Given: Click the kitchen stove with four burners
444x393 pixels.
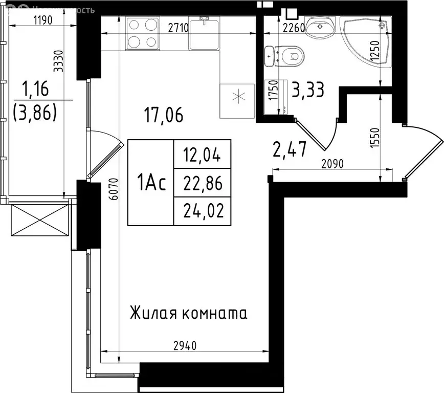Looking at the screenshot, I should click(142, 33).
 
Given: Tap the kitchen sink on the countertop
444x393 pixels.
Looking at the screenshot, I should click(205, 33).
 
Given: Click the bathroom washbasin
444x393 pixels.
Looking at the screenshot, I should click(321, 26).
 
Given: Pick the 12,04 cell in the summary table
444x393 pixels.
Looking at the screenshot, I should click(203, 154).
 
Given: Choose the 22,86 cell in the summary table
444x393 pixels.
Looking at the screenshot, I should click(203, 183).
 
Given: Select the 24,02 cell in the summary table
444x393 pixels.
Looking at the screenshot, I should click(203, 211).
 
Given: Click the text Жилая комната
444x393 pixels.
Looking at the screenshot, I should click(189, 312).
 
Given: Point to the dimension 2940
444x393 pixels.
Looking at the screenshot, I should click(182, 345).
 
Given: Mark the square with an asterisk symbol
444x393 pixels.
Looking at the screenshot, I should click(237, 100).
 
